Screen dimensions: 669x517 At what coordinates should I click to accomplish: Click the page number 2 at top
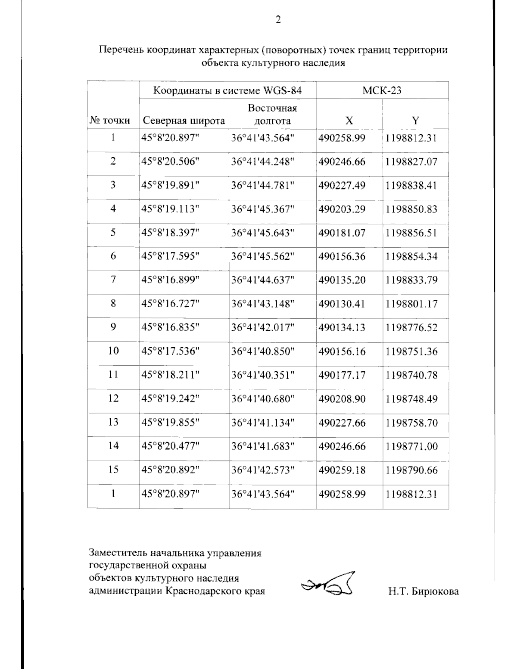(x=278, y=20)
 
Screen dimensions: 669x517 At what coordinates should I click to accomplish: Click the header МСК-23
(x=382, y=90)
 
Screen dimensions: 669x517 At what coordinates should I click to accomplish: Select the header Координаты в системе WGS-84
(x=227, y=90)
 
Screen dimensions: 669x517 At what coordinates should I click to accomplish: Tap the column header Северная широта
(x=184, y=121)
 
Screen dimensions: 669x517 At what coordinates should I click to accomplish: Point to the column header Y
(x=415, y=121)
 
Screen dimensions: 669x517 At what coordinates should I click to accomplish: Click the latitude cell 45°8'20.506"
(x=171, y=162)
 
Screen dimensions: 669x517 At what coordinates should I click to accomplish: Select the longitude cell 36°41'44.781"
(x=263, y=185)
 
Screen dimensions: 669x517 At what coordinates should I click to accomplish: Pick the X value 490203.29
(x=342, y=209)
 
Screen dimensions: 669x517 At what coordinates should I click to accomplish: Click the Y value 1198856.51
(x=411, y=233)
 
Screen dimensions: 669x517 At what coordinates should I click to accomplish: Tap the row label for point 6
(x=113, y=256)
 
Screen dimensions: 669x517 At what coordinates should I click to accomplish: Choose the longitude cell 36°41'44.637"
(x=263, y=280)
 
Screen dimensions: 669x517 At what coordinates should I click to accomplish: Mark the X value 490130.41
(x=342, y=304)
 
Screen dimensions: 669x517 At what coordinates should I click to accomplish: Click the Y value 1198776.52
(x=411, y=327)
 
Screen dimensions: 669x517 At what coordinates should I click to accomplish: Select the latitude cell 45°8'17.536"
(x=171, y=352)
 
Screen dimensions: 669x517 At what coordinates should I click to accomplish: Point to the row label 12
(x=113, y=398)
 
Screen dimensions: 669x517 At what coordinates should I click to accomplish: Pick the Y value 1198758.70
(x=411, y=423)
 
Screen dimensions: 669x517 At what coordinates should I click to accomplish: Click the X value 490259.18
(x=342, y=470)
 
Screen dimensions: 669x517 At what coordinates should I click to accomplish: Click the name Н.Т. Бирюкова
(x=423, y=591)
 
